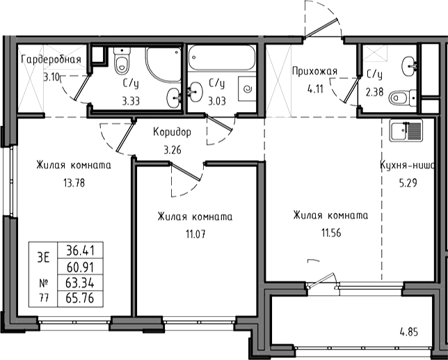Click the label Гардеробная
tap(51, 60)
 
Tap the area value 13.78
tap(74, 182)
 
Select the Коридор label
tap(172, 132)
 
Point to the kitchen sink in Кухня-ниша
tap(406, 131)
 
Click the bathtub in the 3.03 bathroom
tap(222, 58)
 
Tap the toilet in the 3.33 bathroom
tap(122, 61)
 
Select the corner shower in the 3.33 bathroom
tap(163, 65)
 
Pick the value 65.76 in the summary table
tap(80, 299)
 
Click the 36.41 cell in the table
tap(80, 251)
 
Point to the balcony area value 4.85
tap(408, 332)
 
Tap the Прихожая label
tap(315, 71)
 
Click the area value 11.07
tap(195, 235)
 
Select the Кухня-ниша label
tap(407, 166)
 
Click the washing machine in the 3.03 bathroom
tap(247, 88)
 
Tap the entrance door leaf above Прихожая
tap(321, 29)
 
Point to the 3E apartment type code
tap(43, 258)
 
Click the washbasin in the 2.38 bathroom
tap(409, 66)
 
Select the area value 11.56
tap(331, 233)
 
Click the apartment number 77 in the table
tap(43, 299)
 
